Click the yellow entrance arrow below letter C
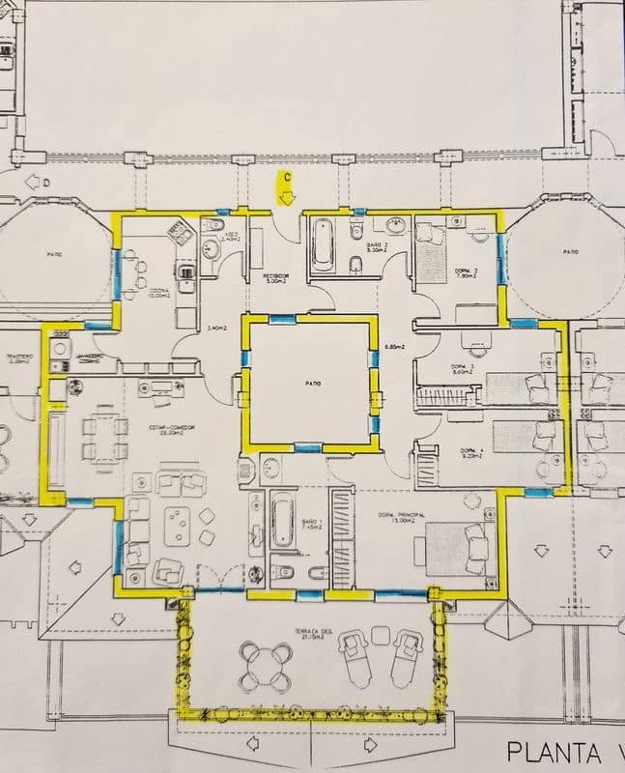(x=287, y=197)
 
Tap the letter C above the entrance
(x=287, y=178)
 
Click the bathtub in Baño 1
(x=281, y=522)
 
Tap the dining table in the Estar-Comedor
(x=104, y=438)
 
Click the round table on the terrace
(x=264, y=664)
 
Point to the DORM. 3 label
(x=464, y=367)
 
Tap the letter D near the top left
(x=32, y=180)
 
